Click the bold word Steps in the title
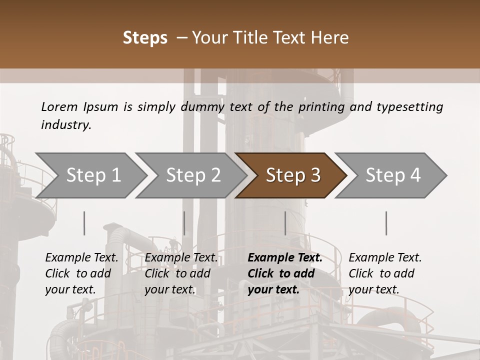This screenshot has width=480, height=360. (145, 38)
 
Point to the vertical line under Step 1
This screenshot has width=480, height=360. (84, 223)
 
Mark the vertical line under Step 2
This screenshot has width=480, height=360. (184, 223)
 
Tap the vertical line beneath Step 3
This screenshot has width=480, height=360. (285, 223)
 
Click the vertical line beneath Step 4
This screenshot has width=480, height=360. (386, 223)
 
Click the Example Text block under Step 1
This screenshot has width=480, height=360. (81, 273)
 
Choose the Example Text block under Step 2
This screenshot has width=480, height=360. (181, 273)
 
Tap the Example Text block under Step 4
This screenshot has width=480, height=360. (385, 273)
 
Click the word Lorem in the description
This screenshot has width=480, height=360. (59, 107)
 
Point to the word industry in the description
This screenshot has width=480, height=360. (66, 124)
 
